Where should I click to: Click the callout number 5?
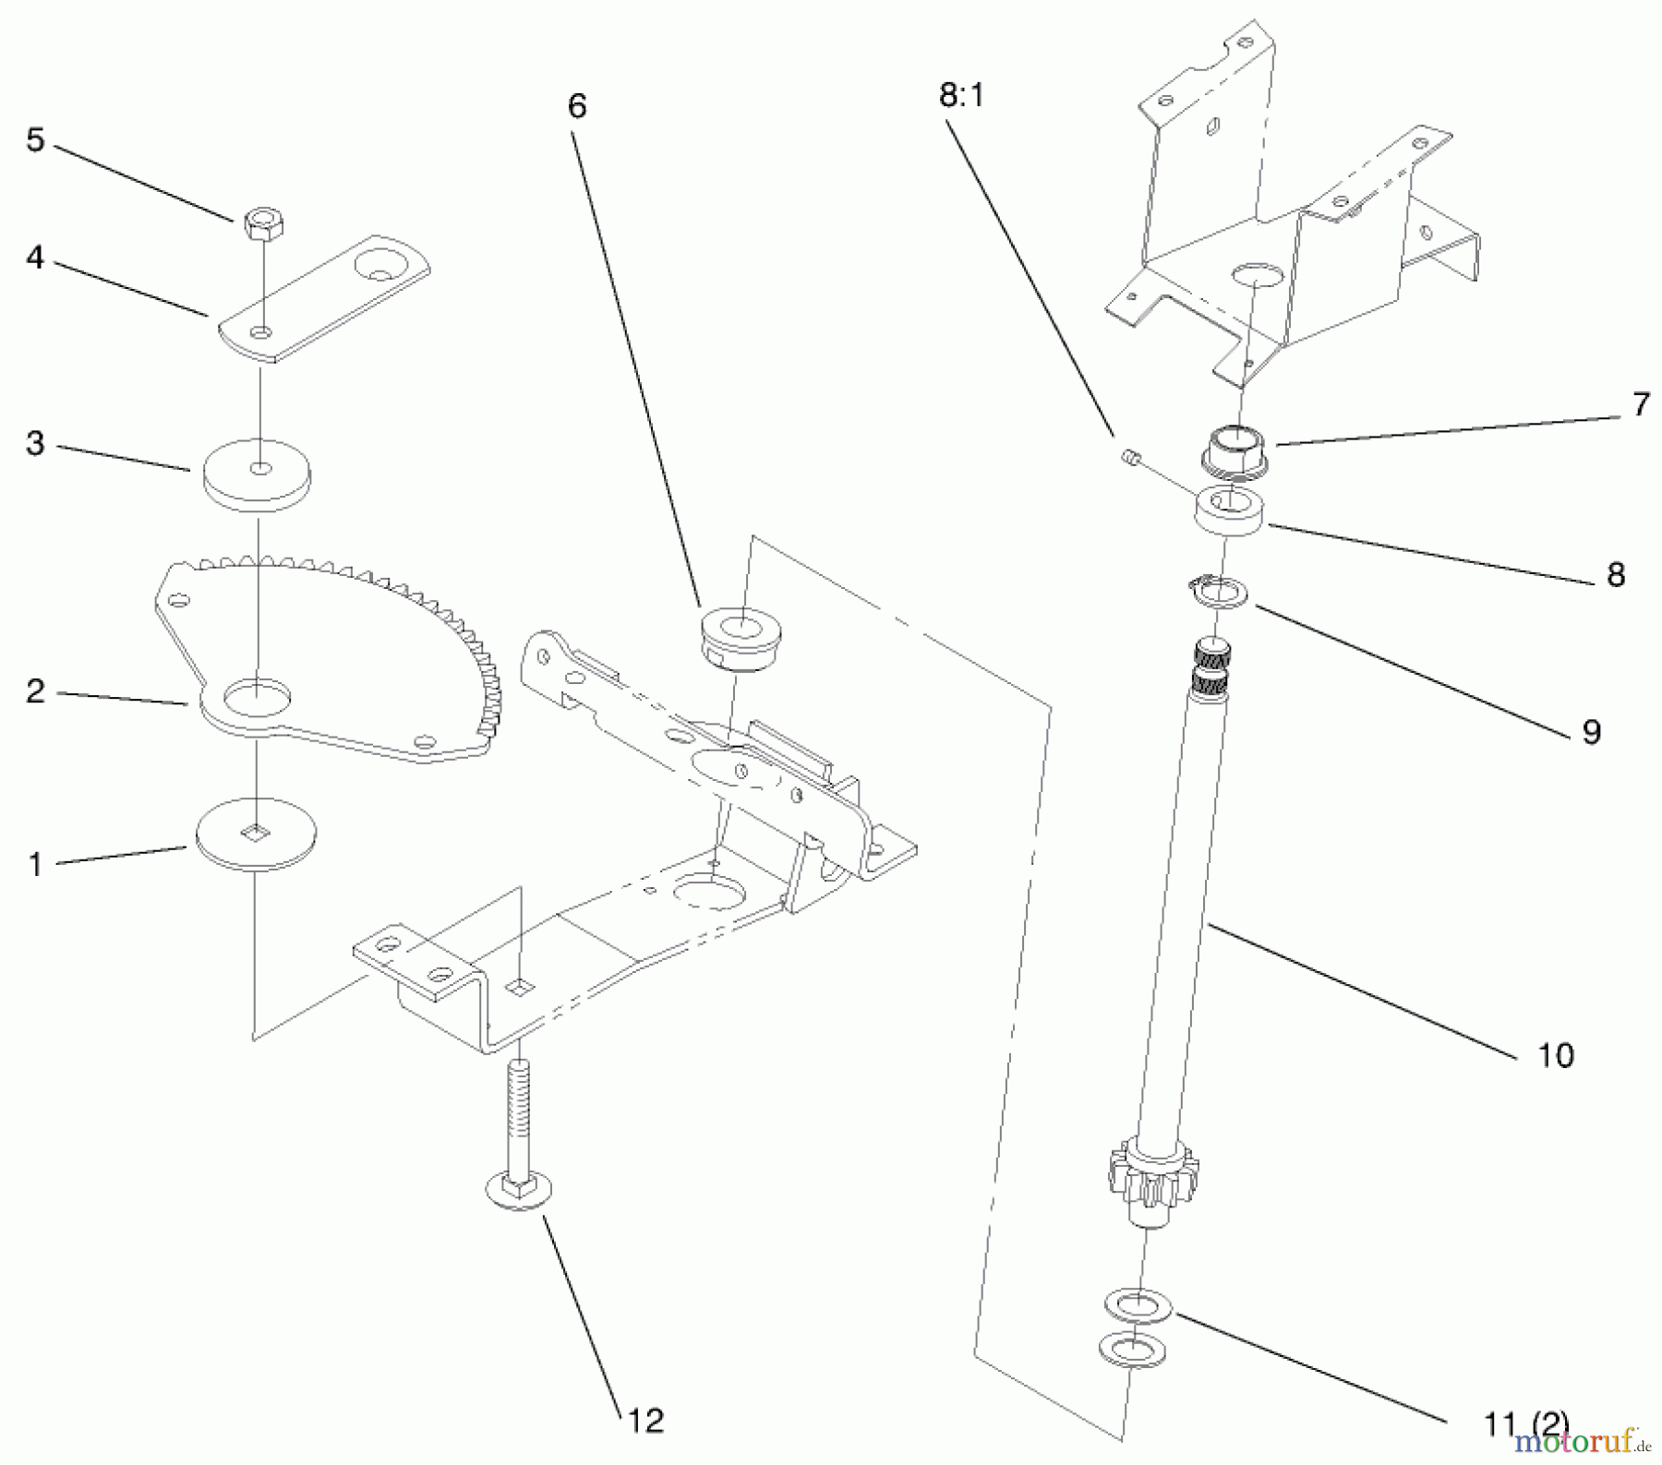(x=35, y=140)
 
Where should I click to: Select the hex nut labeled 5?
(x=263, y=224)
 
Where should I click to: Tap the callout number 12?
(x=645, y=1420)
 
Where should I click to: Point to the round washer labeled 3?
(x=257, y=473)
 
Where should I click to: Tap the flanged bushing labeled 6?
(x=739, y=637)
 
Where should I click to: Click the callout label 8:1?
(x=961, y=96)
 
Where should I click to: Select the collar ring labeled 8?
(x=1230, y=513)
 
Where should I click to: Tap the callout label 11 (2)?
(x=1526, y=1423)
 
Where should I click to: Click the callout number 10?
(x=1556, y=1055)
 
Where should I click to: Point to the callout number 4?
(x=35, y=258)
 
